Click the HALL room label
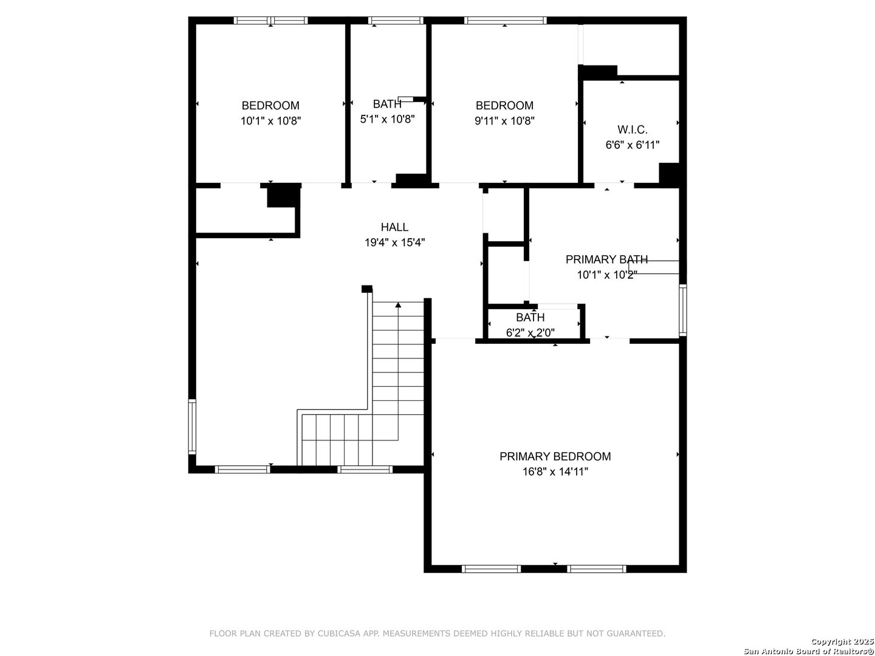(394, 227)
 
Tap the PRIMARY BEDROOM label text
(555, 456)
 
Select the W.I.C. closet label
(632, 129)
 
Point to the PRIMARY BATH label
(606, 260)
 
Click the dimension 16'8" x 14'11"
(555, 472)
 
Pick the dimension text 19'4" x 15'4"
(394, 242)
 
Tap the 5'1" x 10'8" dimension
(387, 119)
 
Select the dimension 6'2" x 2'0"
(530, 333)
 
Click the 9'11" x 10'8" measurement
(504, 121)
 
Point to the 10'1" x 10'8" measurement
(270, 121)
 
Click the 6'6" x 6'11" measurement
(632, 145)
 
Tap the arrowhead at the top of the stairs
(398, 305)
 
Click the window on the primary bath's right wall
(682, 310)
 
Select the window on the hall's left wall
(192, 426)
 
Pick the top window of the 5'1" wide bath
(396, 20)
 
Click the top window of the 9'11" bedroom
(505, 20)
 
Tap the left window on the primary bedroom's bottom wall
(491, 569)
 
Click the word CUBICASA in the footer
(338, 634)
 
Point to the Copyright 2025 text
(842, 641)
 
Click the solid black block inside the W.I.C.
(669, 174)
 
